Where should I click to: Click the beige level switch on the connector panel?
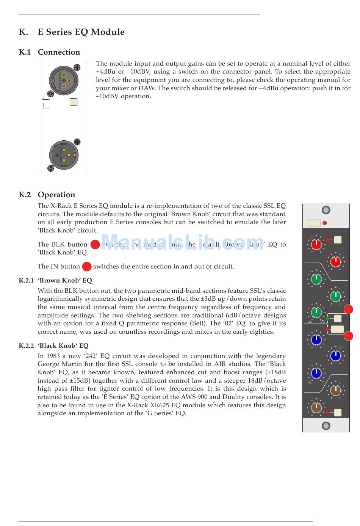[x=74, y=102]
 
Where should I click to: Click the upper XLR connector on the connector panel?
[x=64, y=80]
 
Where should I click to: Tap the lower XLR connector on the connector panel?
[x=64, y=155]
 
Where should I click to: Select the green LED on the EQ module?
[x=327, y=319]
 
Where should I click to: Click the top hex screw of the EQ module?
[x=326, y=210]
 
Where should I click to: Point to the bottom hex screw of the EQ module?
[x=326, y=426]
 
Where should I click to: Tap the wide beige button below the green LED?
[x=337, y=329]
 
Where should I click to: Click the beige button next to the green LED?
[x=338, y=319]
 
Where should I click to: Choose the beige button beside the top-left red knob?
[x=338, y=240]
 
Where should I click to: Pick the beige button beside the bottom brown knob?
[x=338, y=413]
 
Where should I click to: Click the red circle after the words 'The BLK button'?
[x=95, y=244]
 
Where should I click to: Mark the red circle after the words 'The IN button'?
[x=87, y=266]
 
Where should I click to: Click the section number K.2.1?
[x=26, y=281]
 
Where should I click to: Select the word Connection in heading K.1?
[x=59, y=52]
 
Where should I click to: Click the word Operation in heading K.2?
[x=56, y=195]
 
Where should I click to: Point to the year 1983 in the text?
[x=54, y=356]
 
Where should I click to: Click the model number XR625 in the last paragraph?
[x=159, y=405]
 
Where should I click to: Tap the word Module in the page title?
[x=108, y=32]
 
